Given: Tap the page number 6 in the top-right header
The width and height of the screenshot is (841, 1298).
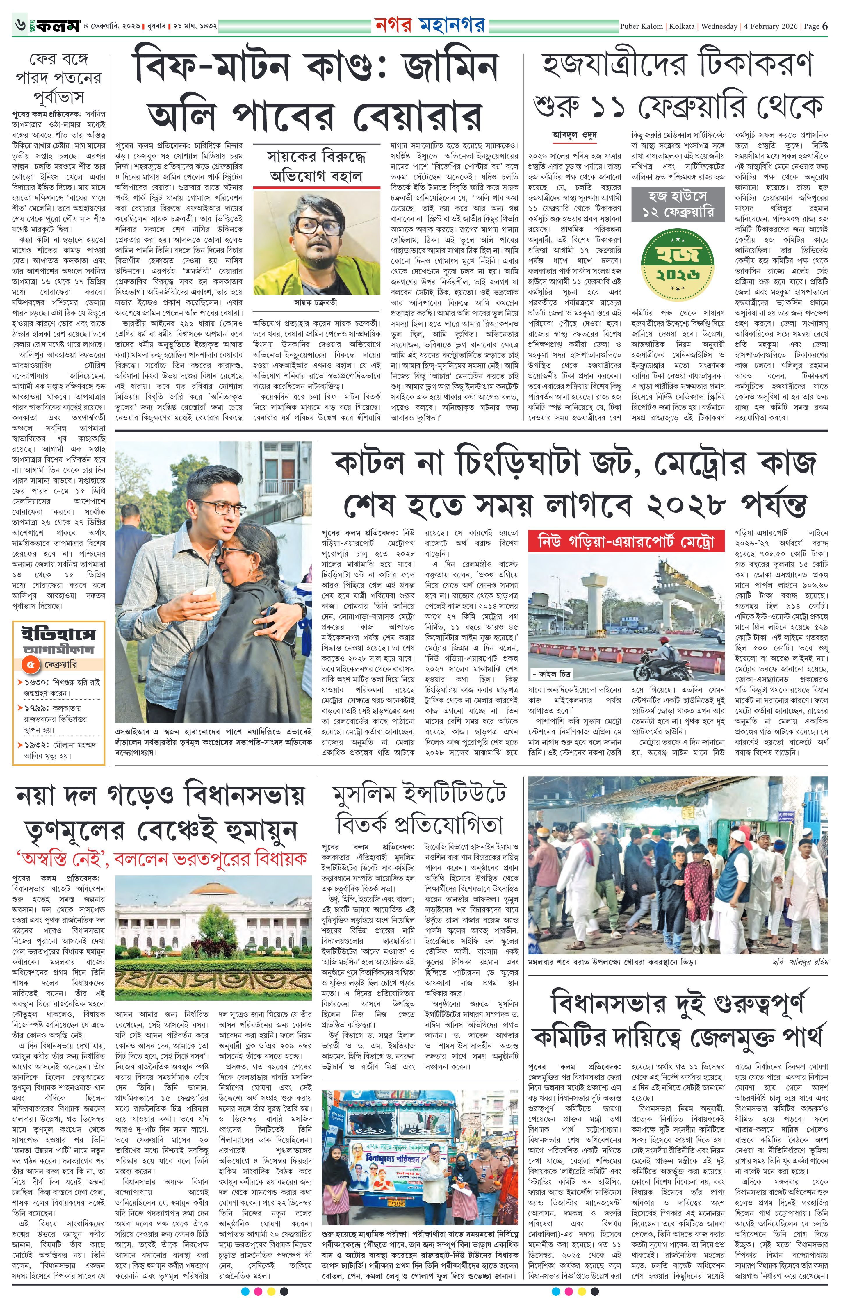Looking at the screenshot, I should pyautogui.click(x=825, y=26).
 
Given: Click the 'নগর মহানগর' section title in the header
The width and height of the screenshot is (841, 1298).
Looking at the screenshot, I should pyautogui.click(x=430, y=26).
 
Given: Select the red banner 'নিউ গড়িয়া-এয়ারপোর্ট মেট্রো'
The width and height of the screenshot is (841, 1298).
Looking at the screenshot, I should pyautogui.click(x=626, y=542).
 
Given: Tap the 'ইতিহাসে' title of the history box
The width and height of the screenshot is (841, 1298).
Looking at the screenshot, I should pyautogui.click(x=58, y=634).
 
